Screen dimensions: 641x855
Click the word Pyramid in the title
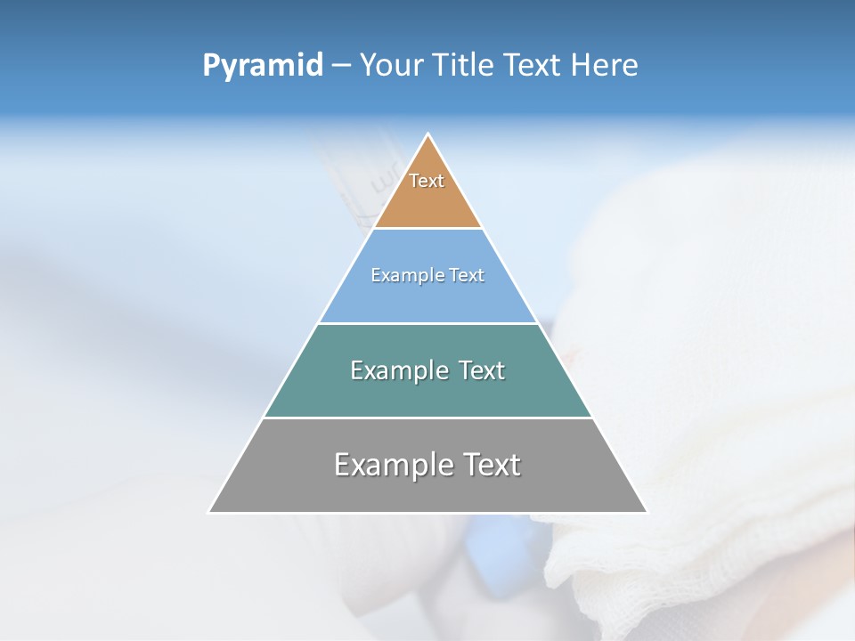point(263,66)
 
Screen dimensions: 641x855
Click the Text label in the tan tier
point(427,181)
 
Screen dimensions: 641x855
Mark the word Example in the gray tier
point(393,465)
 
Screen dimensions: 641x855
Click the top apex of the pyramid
point(428,134)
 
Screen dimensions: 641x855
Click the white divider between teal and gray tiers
point(427,418)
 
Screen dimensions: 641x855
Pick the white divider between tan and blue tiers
point(427,229)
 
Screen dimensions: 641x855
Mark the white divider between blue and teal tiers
point(427,323)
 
